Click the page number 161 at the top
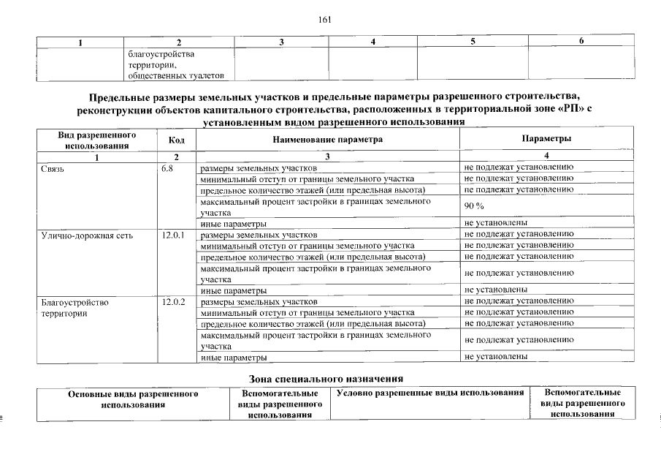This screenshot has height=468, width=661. click(326, 20)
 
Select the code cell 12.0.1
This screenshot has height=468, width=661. click(172, 235)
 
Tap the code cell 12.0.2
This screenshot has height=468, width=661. click(172, 301)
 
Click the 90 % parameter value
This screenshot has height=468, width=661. click(475, 206)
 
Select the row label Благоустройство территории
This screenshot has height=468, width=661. click(74, 307)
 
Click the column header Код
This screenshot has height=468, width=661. click(176, 140)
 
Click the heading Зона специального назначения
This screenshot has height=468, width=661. click(326, 378)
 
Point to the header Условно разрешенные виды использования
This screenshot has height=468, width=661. click(431, 393)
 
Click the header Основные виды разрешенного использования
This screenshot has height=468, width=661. click(134, 399)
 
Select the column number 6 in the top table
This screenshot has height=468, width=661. click(581, 41)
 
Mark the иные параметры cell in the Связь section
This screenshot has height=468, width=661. click(233, 223)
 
